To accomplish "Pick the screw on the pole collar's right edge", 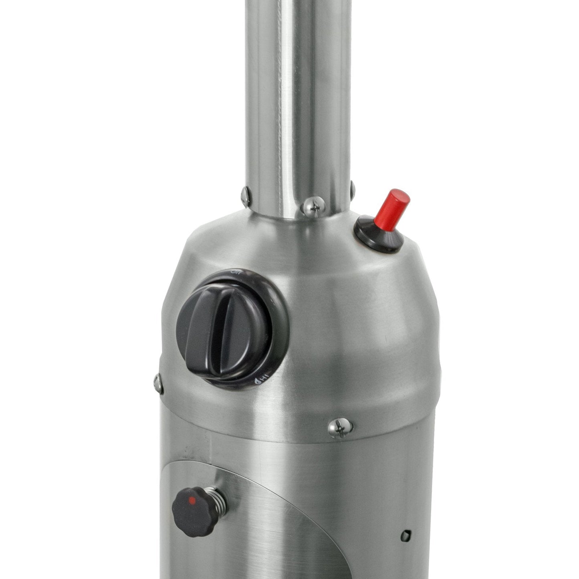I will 352,188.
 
